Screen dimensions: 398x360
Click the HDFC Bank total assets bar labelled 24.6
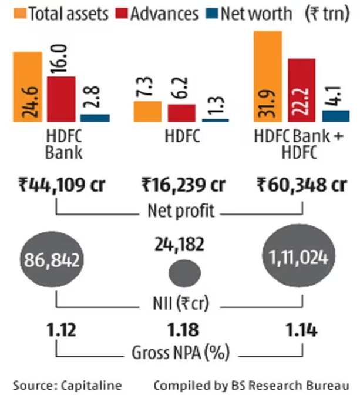[x=28, y=87]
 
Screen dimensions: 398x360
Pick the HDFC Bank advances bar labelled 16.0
[x=61, y=99]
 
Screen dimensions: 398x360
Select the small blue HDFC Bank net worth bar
[x=95, y=118]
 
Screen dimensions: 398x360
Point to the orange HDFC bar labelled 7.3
[x=147, y=111]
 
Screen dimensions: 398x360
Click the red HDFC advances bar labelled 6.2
[x=181, y=113]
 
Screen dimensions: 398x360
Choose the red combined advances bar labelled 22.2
[x=301, y=90]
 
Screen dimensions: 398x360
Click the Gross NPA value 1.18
[x=184, y=330]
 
